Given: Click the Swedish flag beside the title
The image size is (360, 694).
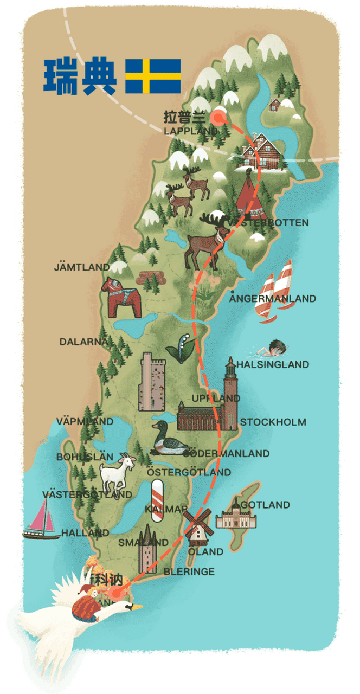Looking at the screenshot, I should pos(153,76).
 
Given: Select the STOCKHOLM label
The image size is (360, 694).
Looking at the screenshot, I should pos(273,422).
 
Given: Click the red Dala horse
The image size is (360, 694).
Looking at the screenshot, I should pos(120,297).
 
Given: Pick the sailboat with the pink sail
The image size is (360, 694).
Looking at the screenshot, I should pos(42,519).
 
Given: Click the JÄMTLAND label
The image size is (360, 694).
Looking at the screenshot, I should pos(81,267).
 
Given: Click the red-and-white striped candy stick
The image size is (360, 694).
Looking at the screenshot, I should pos(157,500).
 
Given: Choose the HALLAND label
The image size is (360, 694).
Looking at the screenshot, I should pos(85,533).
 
